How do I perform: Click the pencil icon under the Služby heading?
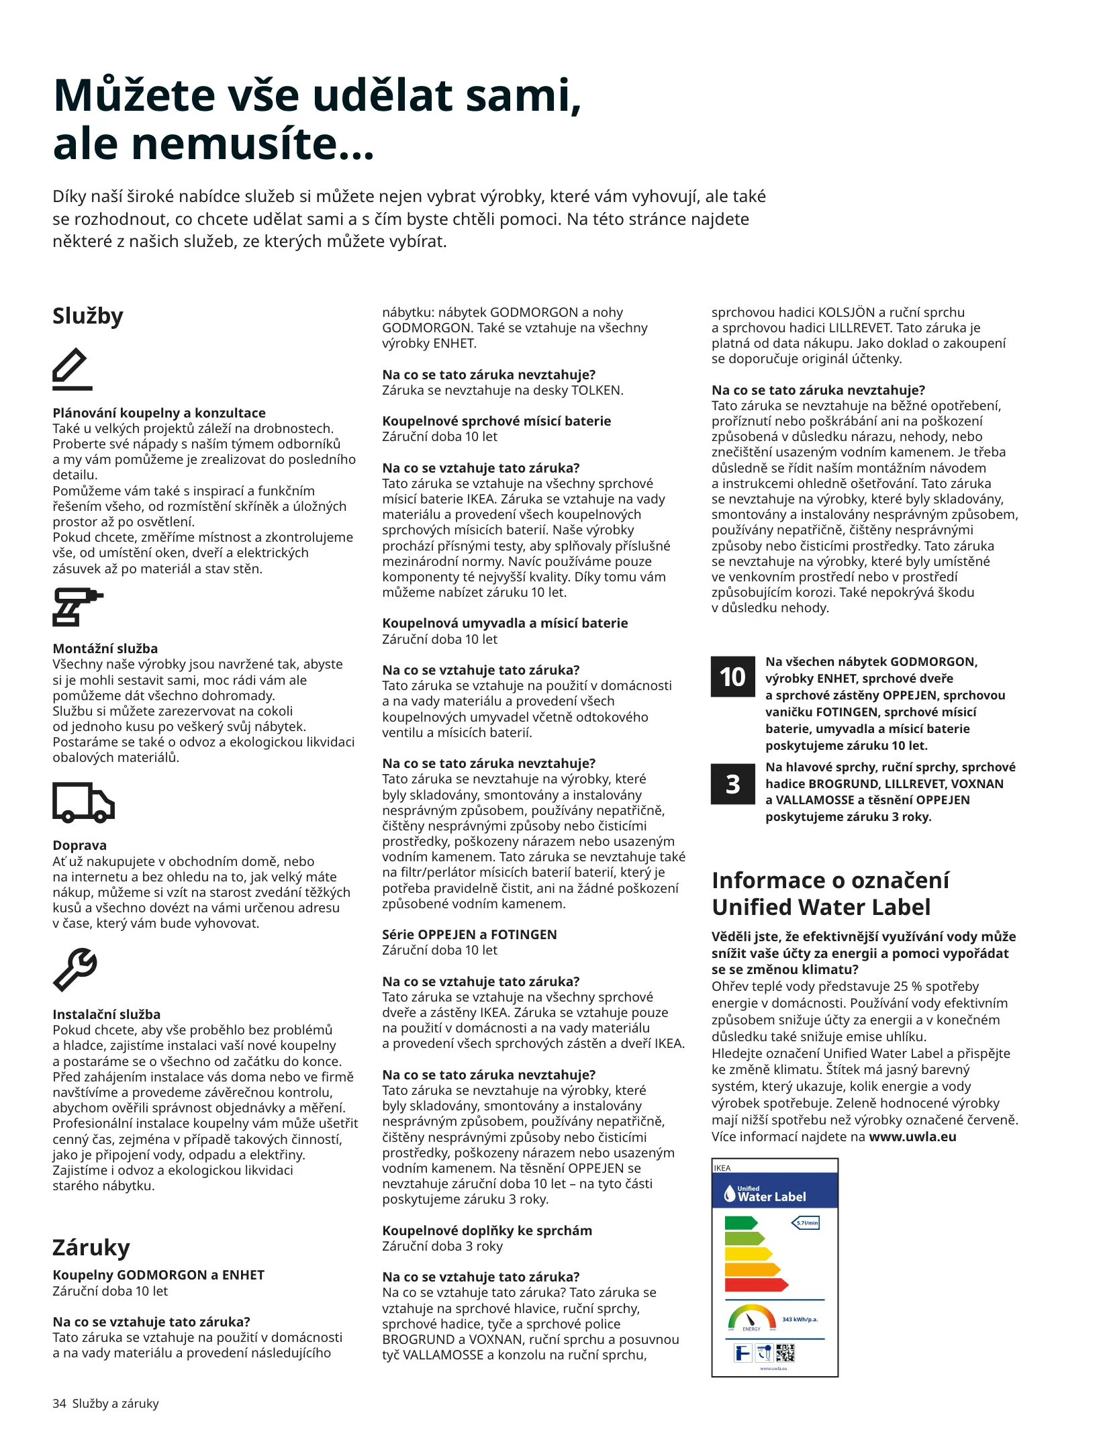[72, 369]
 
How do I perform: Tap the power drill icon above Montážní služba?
[76, 607]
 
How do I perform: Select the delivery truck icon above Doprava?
[83, 802]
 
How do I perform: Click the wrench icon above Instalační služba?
[75, 969]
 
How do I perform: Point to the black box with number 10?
[732, 677]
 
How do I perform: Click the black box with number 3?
[732, 784]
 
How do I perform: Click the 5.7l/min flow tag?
[806, 1222]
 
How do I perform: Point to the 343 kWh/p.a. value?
[800, 1320]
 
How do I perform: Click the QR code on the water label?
[785, 1353]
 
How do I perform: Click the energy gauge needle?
[751, 1320]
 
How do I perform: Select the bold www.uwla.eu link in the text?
[912, 1137]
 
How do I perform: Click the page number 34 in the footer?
[59, 1404]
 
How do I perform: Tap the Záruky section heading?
[91, 1247]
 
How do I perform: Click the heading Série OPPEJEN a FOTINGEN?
[469, 934]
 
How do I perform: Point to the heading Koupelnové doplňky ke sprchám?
[487, 1230]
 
